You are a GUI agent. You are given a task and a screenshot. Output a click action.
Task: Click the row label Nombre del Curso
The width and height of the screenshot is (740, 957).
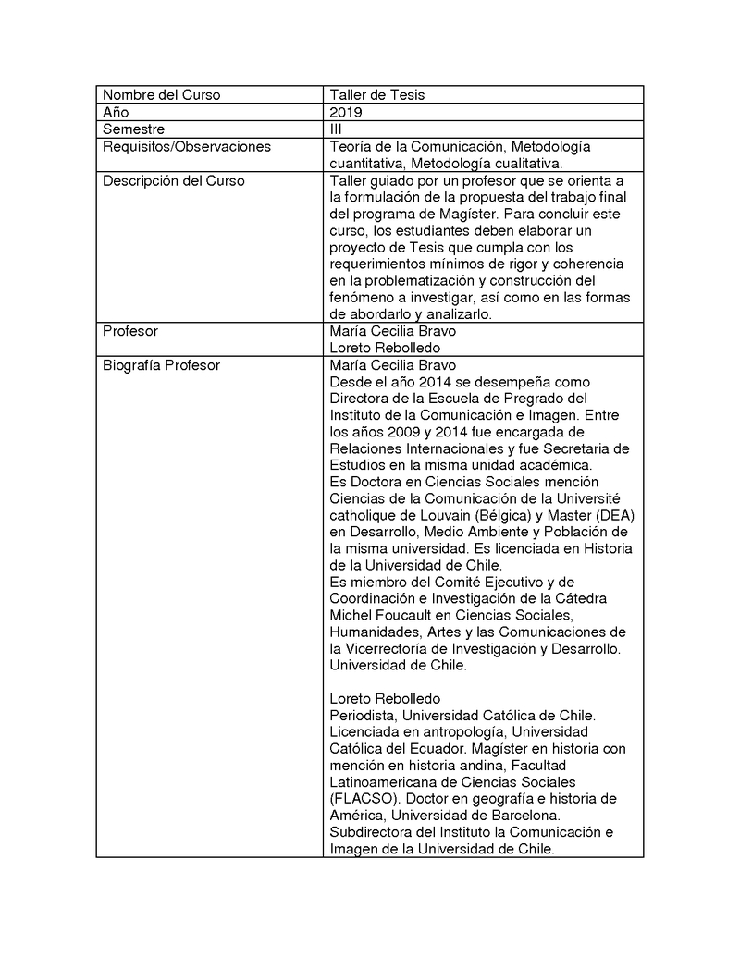pos(161,95)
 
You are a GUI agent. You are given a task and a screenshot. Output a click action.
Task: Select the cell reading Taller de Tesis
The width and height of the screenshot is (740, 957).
pos(377,95)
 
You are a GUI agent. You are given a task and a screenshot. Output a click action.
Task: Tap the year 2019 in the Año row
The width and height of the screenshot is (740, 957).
pos(346,112)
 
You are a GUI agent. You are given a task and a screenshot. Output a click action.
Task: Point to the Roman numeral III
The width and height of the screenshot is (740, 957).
pos(336,129)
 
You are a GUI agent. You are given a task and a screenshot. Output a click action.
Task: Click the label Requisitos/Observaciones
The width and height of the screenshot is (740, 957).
pos(187,146)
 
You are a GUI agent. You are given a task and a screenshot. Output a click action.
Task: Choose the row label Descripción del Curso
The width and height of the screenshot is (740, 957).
pos(174,180)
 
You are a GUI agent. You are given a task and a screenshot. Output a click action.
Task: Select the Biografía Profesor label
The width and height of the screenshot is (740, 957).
pos(161,365)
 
